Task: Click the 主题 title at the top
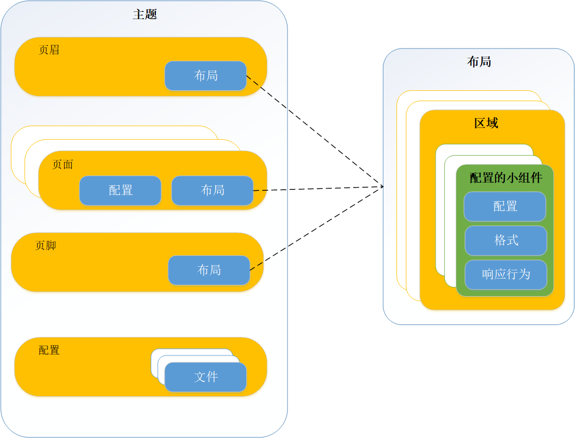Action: (x=145, y=14)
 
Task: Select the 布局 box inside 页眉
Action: (x=205, y=76)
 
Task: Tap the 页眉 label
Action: (x=49, y=50)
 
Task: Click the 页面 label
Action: (x=63, y=165)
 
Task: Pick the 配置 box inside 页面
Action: (x=120, y=190)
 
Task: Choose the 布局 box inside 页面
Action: (x=212, y=190)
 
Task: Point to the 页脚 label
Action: (x=45, y=246)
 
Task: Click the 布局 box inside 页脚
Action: (x=209, y=270)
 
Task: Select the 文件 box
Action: (x=205, y=377)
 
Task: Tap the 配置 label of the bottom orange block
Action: (x=49, y=350)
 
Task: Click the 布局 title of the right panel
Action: (x=478, y=62)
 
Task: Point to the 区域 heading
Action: (x=486, y=123)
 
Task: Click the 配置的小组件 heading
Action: (x=506, y=178)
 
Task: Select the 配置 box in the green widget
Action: (x=505, y=206)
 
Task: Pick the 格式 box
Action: (x=506, y=240)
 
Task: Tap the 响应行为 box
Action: (x=506, y=274)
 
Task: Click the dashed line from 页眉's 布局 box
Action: (x=315, y=131)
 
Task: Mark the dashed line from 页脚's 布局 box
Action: (x=317, y=228)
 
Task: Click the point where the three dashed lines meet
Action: (x=383, y=186)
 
